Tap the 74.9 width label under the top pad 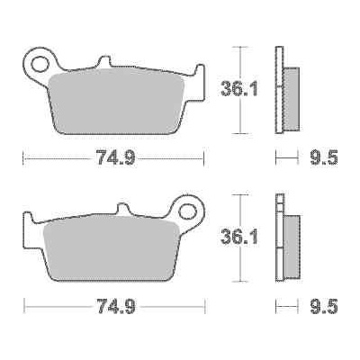(x=116, y=160)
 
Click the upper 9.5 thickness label (x=325, y=160)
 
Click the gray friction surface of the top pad (x=117, y=103)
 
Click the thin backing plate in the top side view (x=279, y=90)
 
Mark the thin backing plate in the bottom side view (x=279, y=238)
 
